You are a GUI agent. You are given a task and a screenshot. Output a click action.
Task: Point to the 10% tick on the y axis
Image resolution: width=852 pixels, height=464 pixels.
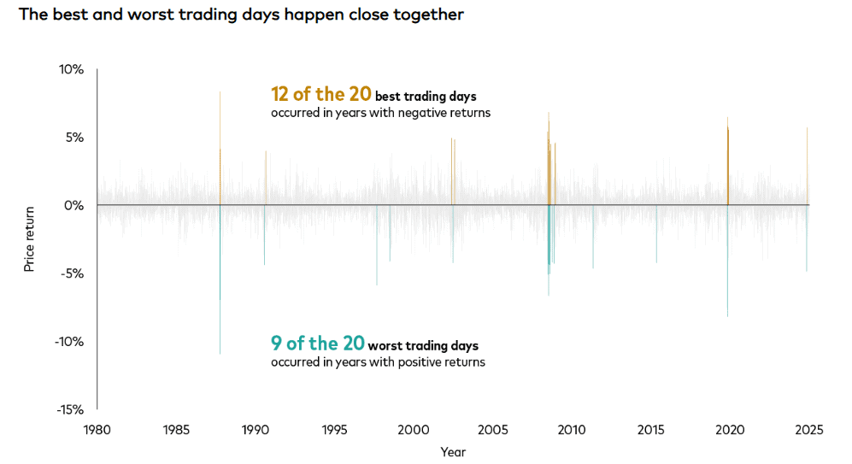[x=72, y=69]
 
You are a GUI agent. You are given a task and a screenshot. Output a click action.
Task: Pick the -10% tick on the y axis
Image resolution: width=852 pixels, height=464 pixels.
[x=70, y=342]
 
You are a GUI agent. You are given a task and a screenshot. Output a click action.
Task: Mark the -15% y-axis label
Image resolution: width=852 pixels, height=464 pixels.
[x=70, y=409]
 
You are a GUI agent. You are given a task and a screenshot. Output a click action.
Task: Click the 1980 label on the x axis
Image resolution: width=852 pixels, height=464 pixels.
[x=97, y=430]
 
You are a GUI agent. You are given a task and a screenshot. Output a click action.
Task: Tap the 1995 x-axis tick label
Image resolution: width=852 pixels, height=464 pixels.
[x=334, y=430]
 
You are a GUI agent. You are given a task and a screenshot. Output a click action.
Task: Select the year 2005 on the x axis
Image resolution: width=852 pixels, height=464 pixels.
[x=492, y=430]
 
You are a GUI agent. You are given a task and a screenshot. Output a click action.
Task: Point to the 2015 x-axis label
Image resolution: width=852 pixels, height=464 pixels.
[x=650, y=430]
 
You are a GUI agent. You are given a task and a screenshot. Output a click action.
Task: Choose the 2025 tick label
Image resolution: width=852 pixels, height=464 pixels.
[x=808, y=430]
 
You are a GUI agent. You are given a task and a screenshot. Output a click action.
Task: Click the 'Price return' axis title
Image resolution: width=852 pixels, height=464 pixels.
[x=29, y=239]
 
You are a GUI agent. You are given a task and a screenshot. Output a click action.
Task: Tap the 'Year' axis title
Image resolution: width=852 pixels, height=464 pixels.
[x=453, y=451]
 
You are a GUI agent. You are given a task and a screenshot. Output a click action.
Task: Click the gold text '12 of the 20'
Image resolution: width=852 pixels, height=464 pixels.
[x=320, y=94]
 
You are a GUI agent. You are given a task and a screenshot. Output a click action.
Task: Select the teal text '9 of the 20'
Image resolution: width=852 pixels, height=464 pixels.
[x=317, y=344]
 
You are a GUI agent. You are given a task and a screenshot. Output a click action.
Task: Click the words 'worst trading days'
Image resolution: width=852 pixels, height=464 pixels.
[x=423, y=346]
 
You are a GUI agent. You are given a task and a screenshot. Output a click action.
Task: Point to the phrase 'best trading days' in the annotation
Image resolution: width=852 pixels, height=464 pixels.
[x=426, y=97]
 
